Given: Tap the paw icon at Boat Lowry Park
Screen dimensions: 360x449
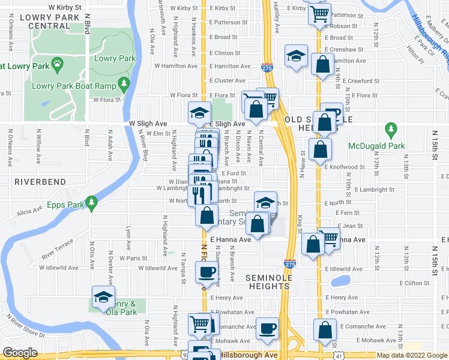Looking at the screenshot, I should (x=57, y=62).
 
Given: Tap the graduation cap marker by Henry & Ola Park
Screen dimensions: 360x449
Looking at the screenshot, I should (x=103, y=296).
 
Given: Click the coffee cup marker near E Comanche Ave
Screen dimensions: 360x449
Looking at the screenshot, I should (x=267, y=328).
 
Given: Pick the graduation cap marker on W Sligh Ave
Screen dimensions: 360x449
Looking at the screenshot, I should (x=200, y=112).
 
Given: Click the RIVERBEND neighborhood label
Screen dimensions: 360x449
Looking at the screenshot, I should (x=35, y=181).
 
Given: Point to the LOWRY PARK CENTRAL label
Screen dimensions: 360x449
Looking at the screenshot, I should (x=45, y=22).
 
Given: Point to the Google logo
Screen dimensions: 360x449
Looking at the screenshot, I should (x=19, y=353).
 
